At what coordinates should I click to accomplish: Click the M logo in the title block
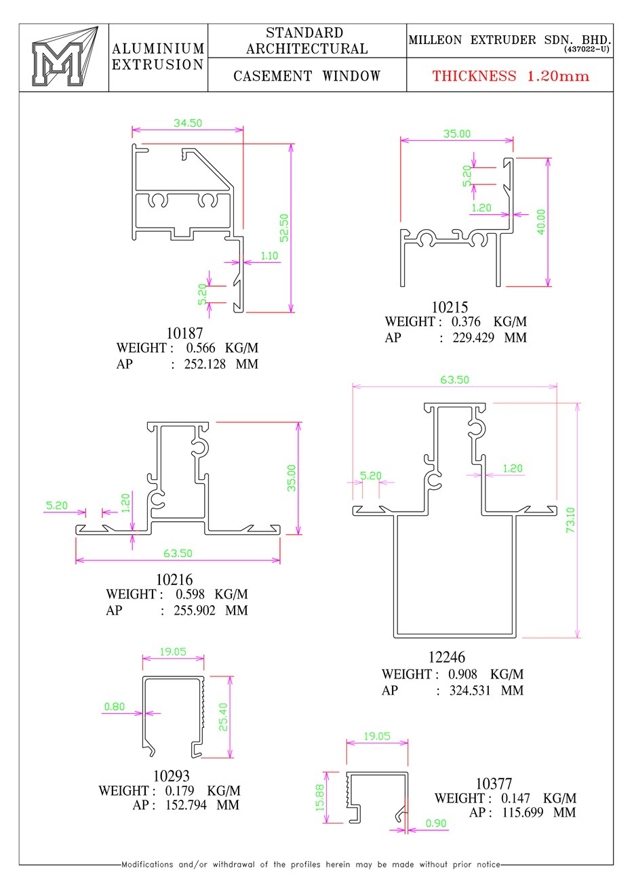tap(64, 57)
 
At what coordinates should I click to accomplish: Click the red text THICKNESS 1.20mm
tap(511, 76)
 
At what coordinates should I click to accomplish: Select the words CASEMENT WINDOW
tap(307, 76)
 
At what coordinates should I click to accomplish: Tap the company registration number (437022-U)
tap(587, 49)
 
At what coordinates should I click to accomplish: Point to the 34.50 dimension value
tap(188, 123)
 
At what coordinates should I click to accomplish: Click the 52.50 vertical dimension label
tap(284, 228)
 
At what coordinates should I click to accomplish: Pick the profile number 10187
tap(184, 333)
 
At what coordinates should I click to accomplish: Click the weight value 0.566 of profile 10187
tap(201, 348)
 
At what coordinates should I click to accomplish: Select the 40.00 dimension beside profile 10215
tap(540, 222)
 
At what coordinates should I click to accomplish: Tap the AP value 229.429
tap(473, 338)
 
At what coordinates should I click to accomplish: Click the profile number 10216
tap(174, 579)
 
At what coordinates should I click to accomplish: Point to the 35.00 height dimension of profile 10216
tap(292, 478)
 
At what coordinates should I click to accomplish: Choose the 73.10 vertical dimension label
tap(570, 520)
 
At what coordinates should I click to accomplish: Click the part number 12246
tap(447, 657)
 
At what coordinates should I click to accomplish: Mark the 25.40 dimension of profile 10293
tap(223, 717)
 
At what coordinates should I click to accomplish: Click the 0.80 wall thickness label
tap(115, 707)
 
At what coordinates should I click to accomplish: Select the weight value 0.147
tap(515, 798)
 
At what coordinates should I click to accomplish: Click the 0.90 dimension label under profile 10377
tap(436, 820)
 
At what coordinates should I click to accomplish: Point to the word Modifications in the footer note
tap(147, 864)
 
